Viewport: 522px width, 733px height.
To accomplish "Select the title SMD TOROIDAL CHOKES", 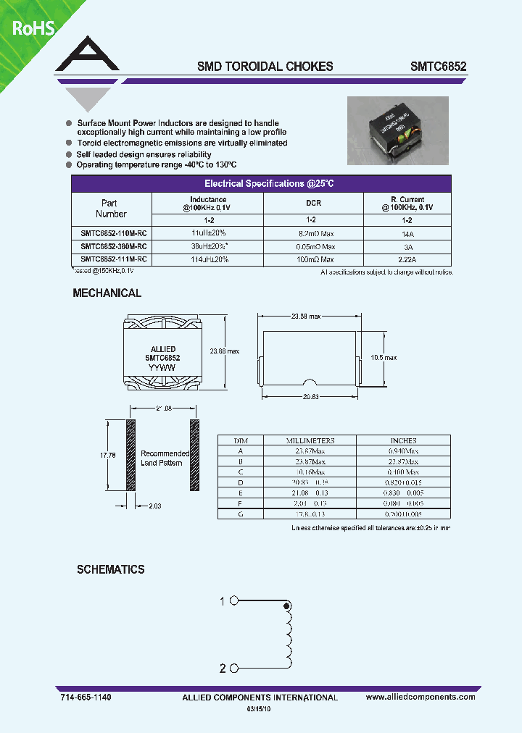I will click(265, 66).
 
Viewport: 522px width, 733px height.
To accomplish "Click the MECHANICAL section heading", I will click(107, 293).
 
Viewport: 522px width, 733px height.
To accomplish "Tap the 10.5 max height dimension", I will click(384, 358).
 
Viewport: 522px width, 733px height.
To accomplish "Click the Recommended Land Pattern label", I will click(165, 458).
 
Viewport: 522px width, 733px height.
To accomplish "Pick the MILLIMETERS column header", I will click(310, 440).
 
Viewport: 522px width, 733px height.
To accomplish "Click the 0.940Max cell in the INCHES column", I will click(403, 451).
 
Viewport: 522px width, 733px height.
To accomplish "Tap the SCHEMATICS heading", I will click(111, 570).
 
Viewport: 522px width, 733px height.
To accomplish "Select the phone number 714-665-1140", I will click(85, 697).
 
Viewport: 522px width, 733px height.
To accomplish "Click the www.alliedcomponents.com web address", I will click(420, 697).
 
